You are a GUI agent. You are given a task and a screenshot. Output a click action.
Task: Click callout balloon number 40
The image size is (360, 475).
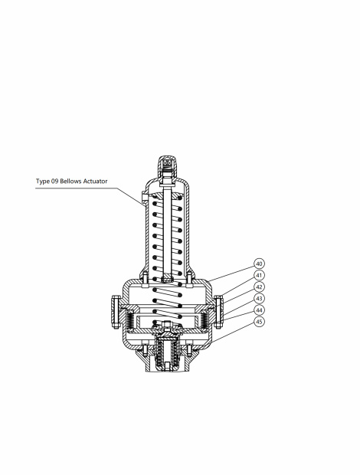coord(260,264)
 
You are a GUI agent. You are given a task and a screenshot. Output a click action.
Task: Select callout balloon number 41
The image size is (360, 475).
coord(260,275)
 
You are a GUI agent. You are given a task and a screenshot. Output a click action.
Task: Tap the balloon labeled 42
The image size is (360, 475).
coord(260,287)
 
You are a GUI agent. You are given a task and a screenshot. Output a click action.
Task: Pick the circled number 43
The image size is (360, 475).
coord(260,298)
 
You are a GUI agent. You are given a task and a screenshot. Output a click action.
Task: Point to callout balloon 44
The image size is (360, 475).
coord(260,310)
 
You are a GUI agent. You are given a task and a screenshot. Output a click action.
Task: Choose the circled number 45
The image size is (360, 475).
coord(260,322)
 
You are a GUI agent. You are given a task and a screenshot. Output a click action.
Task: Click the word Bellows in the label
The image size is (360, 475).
coord(70,182)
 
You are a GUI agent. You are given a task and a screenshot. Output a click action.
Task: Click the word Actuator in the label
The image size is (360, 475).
coord(96,182)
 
